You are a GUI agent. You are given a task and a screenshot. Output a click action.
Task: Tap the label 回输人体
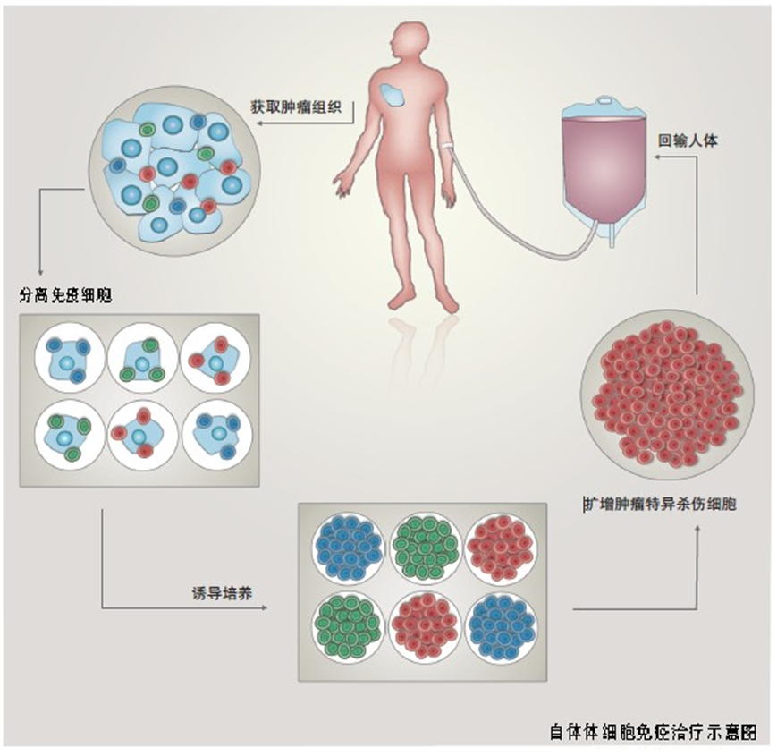[689, 141]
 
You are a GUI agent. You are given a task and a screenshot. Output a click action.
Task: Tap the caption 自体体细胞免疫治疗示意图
[652, 730]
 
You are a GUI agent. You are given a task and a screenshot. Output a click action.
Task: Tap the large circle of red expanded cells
[666, 393]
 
